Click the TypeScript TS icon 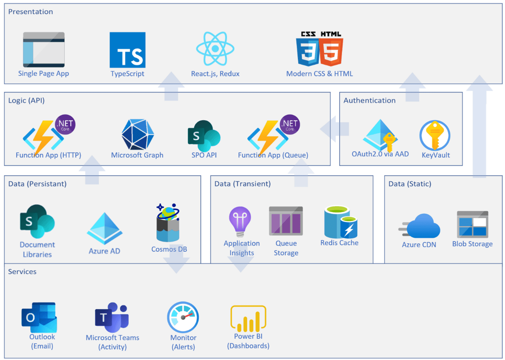coord(127,50)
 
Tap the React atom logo coord(215,49)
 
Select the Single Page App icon coord(44,50)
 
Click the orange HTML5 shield coord(331,51)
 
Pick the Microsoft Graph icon coord(137,135)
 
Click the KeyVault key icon coord(435,135)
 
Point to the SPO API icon coord(204,136)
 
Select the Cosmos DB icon coord(168,223)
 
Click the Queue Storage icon coord(286,221)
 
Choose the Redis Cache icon coord(340,222)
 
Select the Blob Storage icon coord(472,225)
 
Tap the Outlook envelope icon coord(39,317)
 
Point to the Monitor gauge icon coord(183,317)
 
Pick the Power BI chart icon coord(248,318)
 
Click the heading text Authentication coord(369,100)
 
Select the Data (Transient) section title coord(242,184)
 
